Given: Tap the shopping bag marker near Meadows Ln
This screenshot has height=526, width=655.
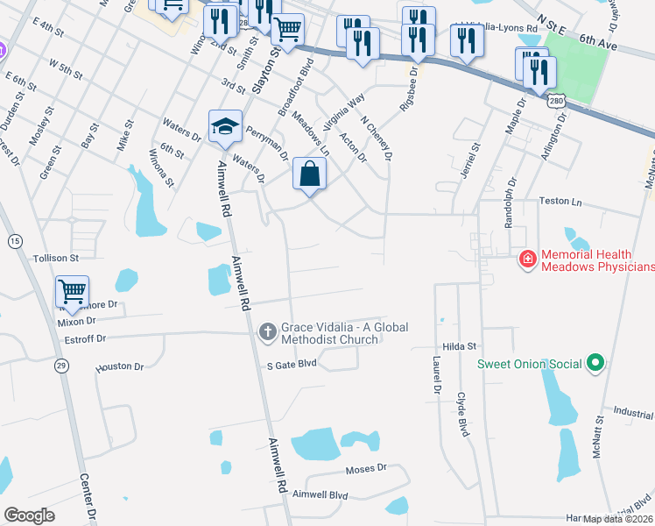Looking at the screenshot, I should click(309, 173).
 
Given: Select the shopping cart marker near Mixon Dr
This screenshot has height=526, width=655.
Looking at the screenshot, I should click(72, 291).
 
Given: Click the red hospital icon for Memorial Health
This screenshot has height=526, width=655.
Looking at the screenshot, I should click(528, 259).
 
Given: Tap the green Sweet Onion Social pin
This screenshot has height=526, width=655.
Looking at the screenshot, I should click(595, 362).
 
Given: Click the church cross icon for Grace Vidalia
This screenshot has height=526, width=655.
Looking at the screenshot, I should click(269, 331).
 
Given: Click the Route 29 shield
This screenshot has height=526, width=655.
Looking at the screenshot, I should click(61, 365).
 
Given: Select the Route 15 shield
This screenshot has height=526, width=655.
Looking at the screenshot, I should click(14, 239).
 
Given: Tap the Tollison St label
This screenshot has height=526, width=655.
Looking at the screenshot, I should click(56, 259).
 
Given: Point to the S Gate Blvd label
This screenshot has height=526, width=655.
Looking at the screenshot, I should click(292, 362).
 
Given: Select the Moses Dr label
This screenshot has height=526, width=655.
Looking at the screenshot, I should click(365, 468).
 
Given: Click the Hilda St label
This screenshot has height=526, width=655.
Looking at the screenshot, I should click(458, 346).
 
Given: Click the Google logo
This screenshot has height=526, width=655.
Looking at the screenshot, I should click(30, 515).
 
